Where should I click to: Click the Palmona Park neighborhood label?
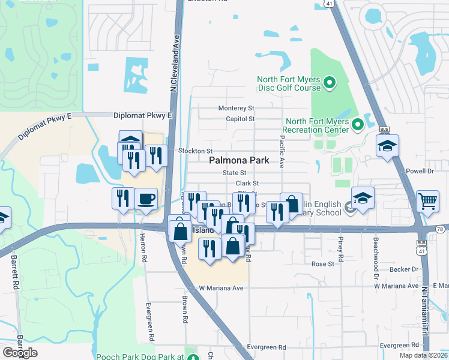pos(247,161)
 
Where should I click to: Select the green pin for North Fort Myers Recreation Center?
pos(357,125)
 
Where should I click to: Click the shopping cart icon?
pos(427,202)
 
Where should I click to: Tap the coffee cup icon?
pos(146,199)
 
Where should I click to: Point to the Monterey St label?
pos(237,108)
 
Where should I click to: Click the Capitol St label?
pos(241,119)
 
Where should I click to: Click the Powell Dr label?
pos(420,171)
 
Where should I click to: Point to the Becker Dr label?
pos(405,271)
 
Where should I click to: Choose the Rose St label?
pos(322,264)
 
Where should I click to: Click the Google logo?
pos(20,353)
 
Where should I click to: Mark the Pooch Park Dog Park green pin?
pos(193,358)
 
